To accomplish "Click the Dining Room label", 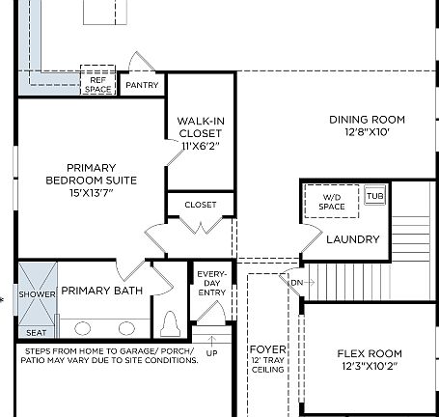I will click(x=367, y=120).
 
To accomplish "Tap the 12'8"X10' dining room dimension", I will click(x=367, y=133).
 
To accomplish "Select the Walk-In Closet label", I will click(x=201, y=126).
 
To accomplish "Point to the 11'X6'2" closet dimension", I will click(x=201, y=145).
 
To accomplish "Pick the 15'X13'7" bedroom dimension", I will click(x=92, y=193).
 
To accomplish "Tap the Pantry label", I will click(x=143, y=86).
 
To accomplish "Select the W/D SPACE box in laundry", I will click(x=331, y=203).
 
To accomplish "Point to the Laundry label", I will click(x=352, y=239).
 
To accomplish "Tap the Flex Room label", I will click(x=370, y=353).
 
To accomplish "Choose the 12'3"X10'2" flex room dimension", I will click(x=370, y=367).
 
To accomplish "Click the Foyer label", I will click(x=267, y=348).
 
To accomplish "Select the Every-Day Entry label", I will click(x=210, y=283).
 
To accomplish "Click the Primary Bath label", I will click(x=102, y=291).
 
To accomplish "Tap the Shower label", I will click(x=38, y=294).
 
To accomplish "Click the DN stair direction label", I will click(x=297, y=282).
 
